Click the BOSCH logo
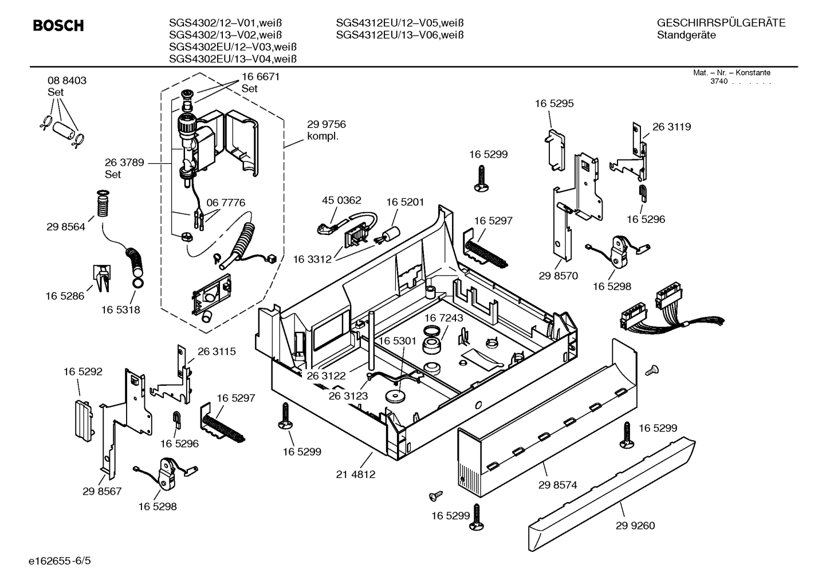(58, 26)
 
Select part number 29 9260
(635, 526)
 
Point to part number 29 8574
(557, 485)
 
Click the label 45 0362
(341, 201)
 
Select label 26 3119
(671, 127)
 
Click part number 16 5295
(554, 104)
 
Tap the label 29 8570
(558, 276)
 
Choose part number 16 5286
(65, 296)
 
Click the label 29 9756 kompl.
(327, 130)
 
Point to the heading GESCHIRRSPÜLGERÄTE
(721, 23)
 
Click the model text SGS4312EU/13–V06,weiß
(399, 35)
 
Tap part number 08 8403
(67, 81)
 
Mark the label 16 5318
(121, 310)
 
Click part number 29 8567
(102, 491)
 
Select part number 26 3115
(217, 351)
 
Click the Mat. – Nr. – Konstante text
(731, 73)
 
